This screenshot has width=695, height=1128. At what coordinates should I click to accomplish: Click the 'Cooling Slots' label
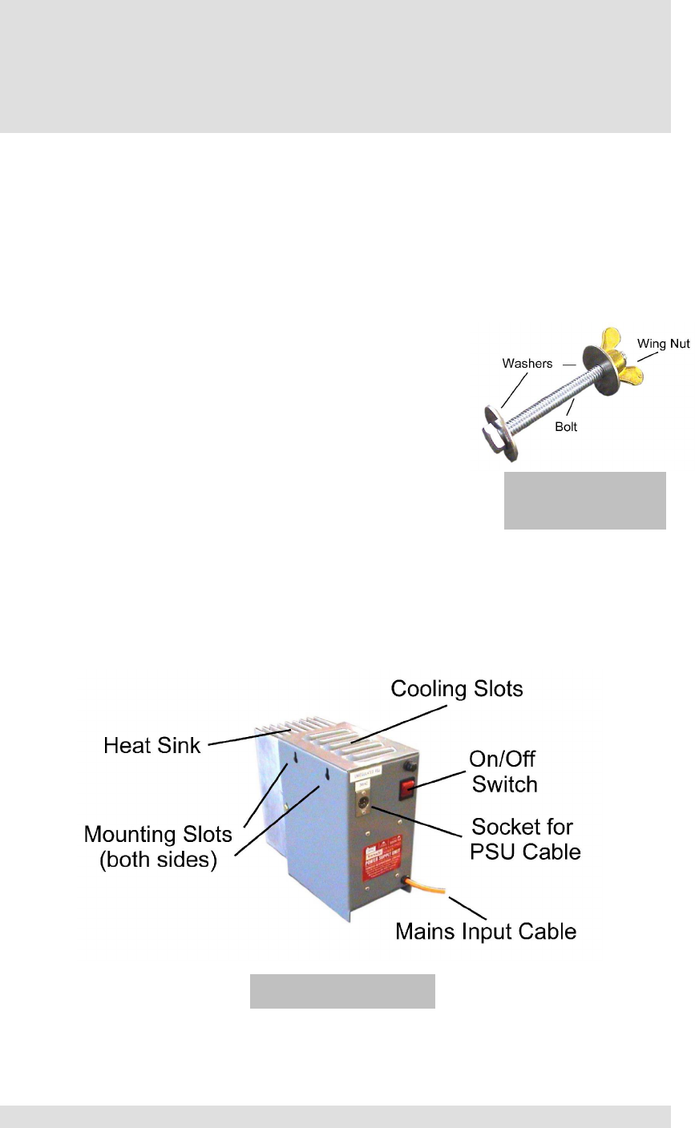point(456,689)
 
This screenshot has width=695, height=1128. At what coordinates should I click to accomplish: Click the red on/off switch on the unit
point(409,790)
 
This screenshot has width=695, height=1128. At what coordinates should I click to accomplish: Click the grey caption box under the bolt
point(584,501)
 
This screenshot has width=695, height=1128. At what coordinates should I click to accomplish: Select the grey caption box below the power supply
point(342,991)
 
